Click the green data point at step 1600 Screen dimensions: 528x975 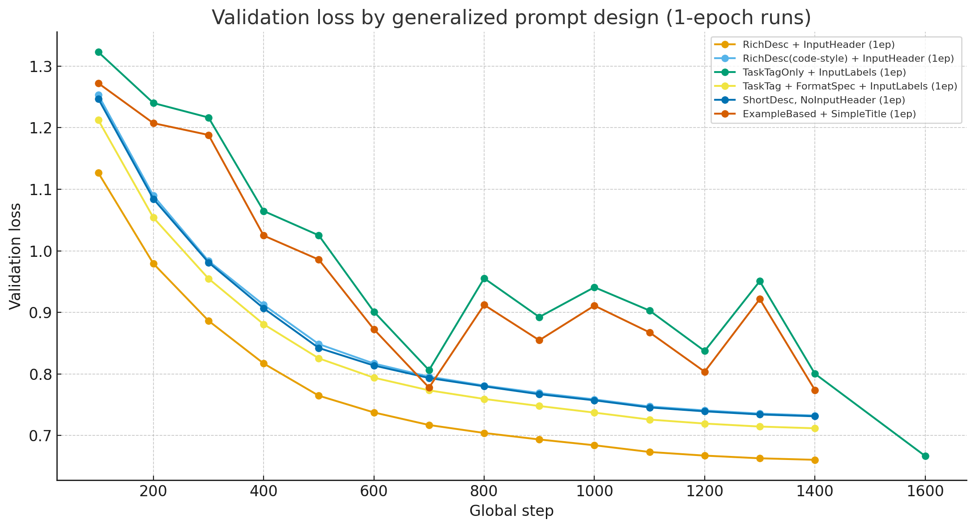(x=925, y=456)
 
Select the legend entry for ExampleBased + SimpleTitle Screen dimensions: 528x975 (x=829, y=114)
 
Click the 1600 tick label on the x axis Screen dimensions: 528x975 (x=925, y=491)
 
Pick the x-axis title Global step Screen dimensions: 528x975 (x=511, y=511)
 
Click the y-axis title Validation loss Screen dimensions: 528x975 (x=16, y=256)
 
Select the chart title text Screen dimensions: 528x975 (x=511, y=18)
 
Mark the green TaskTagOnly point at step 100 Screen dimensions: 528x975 (x=98, y=52)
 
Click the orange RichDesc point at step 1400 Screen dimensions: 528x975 (x=815, y=460)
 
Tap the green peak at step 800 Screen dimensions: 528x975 (x=484, y=278)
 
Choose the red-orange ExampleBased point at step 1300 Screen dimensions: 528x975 (x=760, y=299)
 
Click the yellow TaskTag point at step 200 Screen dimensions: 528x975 (x=153, y=217)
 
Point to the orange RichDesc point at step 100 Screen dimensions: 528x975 (x=98, y=173)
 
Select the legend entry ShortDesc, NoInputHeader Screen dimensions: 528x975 (x=822, y=100)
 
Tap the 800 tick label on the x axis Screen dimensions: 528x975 (x=484, y=491)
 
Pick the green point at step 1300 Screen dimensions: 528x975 (x=760, y=281)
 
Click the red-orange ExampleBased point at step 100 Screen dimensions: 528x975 (x=98, y=83)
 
